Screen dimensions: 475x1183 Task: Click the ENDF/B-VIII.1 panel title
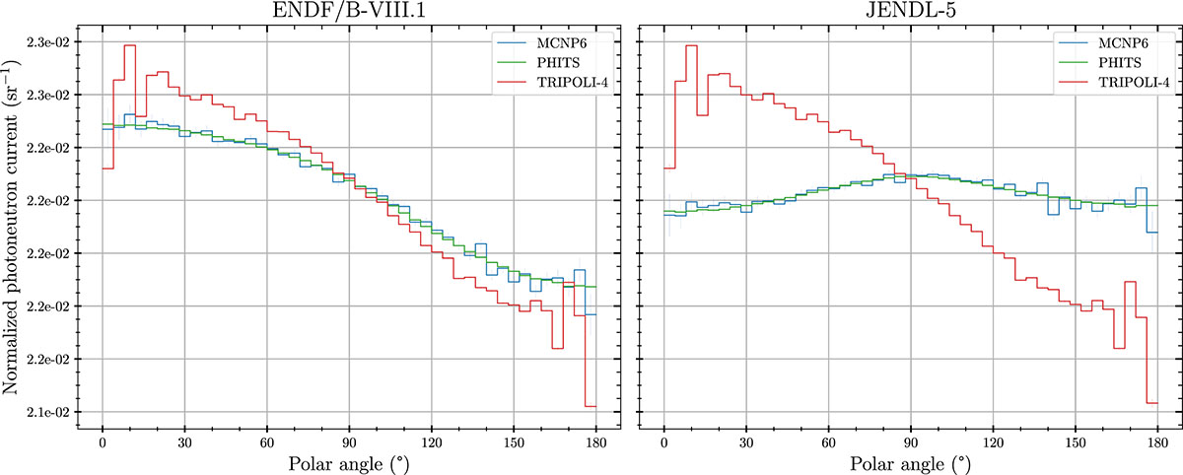pos(349,13)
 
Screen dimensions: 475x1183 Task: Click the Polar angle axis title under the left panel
pos(348,462)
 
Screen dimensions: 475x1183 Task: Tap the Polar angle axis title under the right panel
pos(910,462)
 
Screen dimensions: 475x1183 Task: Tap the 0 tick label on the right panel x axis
pos(664,441)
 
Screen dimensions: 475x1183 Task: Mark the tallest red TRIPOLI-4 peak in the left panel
pos(129,46)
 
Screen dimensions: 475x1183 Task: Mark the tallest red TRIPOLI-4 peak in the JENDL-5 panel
pos(691,46)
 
